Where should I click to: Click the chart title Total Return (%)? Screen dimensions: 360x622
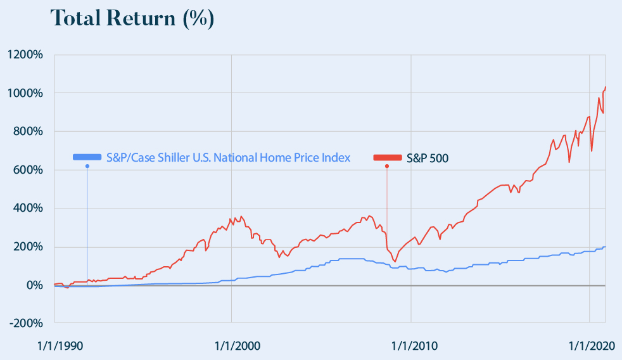click(132, 19)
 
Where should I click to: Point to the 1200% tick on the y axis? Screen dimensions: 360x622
click(25, 55)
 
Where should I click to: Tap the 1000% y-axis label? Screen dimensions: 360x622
click(25, 93)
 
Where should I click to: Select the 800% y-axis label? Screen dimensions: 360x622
click(27, 132)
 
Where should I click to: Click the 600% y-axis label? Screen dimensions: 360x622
click(27, 170)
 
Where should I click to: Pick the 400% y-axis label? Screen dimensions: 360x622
click(27, 209)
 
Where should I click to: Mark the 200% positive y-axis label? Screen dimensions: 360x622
click(27, 247)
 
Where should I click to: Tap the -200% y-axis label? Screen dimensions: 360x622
click(25, 324)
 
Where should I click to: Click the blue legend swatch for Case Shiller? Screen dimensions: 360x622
click(87, 157)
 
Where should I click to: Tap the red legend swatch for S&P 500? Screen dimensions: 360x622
click(387, 158)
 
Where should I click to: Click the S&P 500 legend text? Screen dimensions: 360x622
click(428, 158)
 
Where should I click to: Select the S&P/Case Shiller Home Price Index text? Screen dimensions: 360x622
click(228, 157)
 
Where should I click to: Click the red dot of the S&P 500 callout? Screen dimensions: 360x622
click(387, 167)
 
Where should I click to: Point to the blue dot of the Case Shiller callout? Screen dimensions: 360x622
click(87, 166)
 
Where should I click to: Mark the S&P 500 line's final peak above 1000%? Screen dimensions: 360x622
click(605, 87)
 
